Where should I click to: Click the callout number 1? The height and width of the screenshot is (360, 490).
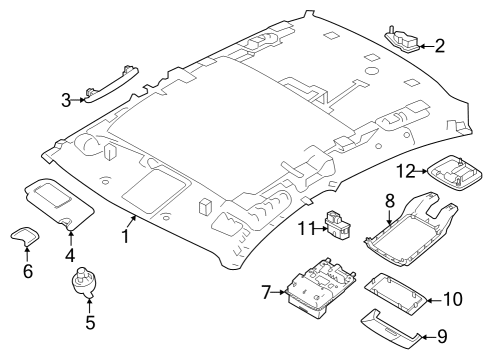coord(126,238)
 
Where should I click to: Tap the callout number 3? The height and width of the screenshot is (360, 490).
coord(66,99)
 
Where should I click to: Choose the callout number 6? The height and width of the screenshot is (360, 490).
coord(27,270)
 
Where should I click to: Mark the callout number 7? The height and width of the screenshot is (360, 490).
coord(266,293)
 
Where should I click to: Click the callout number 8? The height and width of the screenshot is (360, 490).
coord(389,201)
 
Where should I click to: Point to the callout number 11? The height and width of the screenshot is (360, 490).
coord(305,229)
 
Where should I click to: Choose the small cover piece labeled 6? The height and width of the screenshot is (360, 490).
coord(23,236)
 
